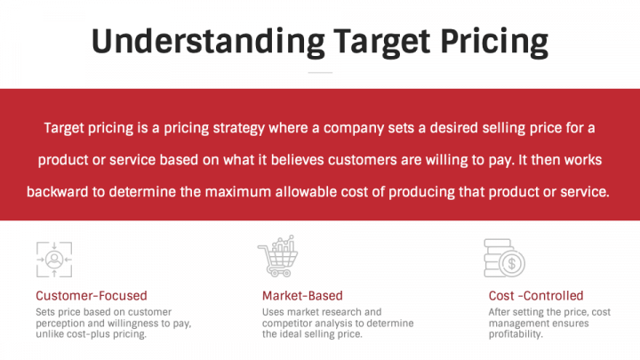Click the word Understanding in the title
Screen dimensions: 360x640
click(205, 42)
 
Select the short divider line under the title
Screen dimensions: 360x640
click(320, 72)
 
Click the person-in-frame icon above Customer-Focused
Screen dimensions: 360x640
click(53, 259)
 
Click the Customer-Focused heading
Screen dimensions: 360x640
click(92, 295)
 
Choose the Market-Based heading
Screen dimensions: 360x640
click(302, 295)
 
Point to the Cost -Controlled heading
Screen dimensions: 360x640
click(536, 295)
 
